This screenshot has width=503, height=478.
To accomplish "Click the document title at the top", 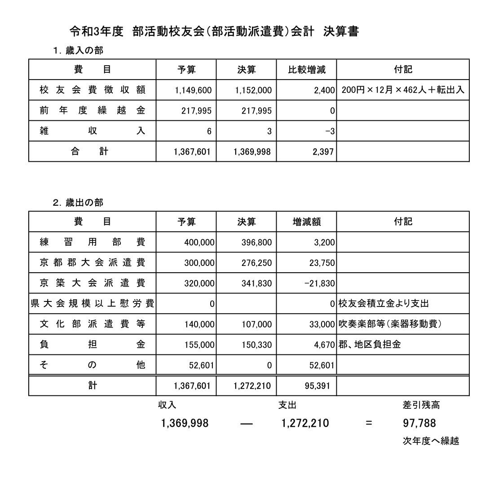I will point(214,32).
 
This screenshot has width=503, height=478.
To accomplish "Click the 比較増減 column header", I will point(306,70).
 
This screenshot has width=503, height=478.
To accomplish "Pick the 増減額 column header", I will point(306,221).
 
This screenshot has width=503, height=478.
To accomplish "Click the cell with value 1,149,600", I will point(193,90).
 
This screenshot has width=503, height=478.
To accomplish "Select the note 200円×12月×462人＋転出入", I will point(402,90).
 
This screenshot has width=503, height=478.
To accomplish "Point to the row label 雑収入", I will point(92,131).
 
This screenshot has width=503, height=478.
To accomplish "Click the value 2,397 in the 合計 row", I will point(322,152).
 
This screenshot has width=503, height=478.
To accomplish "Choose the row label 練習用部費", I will point(92,242).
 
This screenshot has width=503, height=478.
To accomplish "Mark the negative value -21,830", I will point(320,283).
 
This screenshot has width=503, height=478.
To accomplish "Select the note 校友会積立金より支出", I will point(384,304).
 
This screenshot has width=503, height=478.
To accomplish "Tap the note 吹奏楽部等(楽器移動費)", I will point(389,324).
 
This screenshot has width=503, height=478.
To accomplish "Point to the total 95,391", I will point(322,385).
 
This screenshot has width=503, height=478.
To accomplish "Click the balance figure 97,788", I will point(419,423).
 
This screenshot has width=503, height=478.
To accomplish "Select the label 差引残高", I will point(421,405).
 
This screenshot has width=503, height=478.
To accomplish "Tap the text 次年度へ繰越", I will point(430,441).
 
